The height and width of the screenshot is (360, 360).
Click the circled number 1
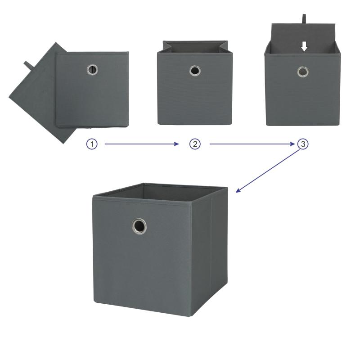coord(92,144)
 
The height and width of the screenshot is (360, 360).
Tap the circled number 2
coord(195,144)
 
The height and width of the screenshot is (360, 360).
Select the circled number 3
coord(303,144)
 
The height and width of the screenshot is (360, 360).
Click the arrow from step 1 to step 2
coord(142,144)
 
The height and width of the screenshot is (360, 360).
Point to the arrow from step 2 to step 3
coord(252,144)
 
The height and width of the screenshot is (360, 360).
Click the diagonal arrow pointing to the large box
coord(268,171)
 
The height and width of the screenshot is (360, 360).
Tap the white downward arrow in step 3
coord(304,46)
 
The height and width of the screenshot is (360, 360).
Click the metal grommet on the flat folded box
coord(92,70)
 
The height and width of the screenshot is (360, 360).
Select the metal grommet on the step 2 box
coord(195,71)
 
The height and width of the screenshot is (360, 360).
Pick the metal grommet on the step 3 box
coord(302,72)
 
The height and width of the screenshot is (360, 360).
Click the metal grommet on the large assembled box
coord(139,226)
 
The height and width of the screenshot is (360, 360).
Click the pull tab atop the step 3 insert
coord(304,19)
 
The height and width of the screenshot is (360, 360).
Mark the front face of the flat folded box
coord(92,90)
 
